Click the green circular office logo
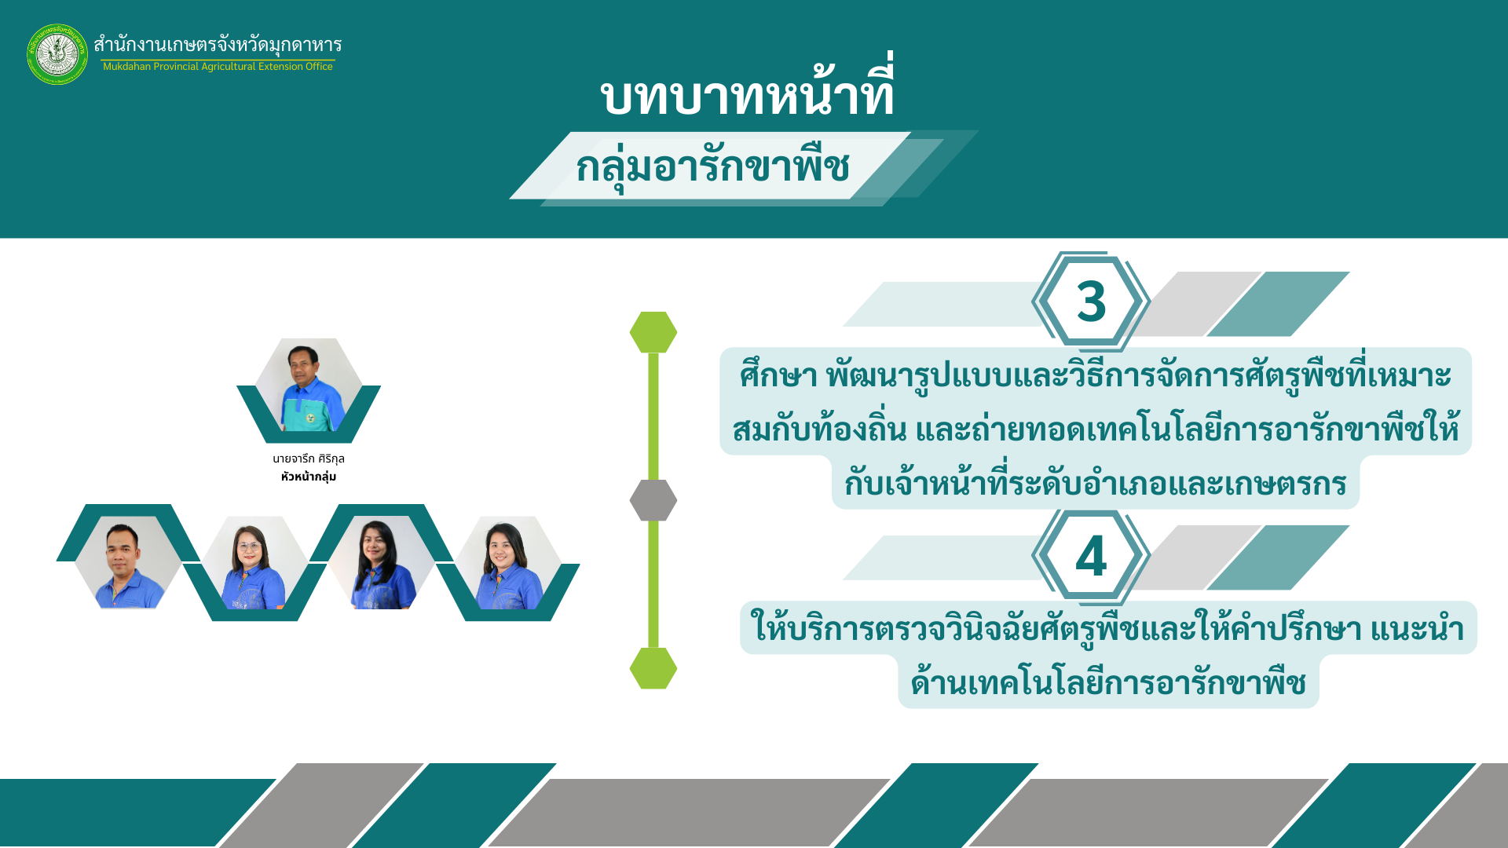tap(57, 54)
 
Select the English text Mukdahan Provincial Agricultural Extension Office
tap(218, 67)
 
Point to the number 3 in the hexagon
tap(1091, 302)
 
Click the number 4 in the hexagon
tap(1091, 556)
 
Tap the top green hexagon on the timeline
tap(653, 332)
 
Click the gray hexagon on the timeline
tap(653, 500)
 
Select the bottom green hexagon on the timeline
tap(653, 668)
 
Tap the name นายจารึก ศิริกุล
tap(309, 459)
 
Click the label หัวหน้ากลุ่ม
tap(309, 477)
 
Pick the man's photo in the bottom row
tap(127, 562)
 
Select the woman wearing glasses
tap(254, 562)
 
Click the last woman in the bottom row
tap(508, 562)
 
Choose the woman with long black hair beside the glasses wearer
tap(381, 562)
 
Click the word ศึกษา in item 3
tap(778, 375)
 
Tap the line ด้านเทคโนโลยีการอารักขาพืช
tap(1108, 682)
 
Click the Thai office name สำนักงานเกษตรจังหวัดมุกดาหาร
tap(218, 45)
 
